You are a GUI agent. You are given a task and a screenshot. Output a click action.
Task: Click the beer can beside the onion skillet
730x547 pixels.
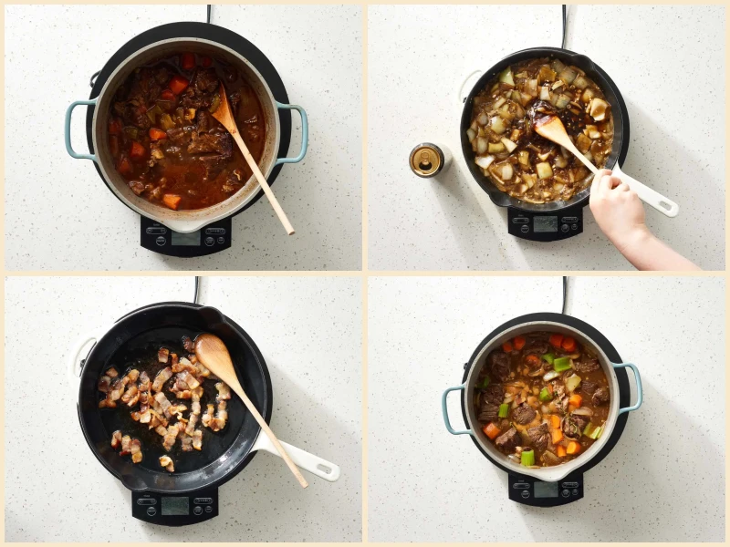(426, 160)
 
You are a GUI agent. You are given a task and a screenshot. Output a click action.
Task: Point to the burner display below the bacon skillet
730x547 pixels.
(174, 504)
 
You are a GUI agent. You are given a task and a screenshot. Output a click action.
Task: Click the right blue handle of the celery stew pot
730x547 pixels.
(631, 387)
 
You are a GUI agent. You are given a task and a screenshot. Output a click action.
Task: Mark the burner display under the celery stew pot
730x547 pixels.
(546, 489)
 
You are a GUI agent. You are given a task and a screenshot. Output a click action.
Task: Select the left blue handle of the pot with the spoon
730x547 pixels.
(78, 129)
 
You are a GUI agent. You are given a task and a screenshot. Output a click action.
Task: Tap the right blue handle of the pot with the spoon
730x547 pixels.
(295, 132)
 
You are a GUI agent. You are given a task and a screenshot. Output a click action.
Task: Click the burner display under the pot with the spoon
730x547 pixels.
(185, 238)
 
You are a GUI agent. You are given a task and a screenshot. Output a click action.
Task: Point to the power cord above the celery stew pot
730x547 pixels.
(564, 295)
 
